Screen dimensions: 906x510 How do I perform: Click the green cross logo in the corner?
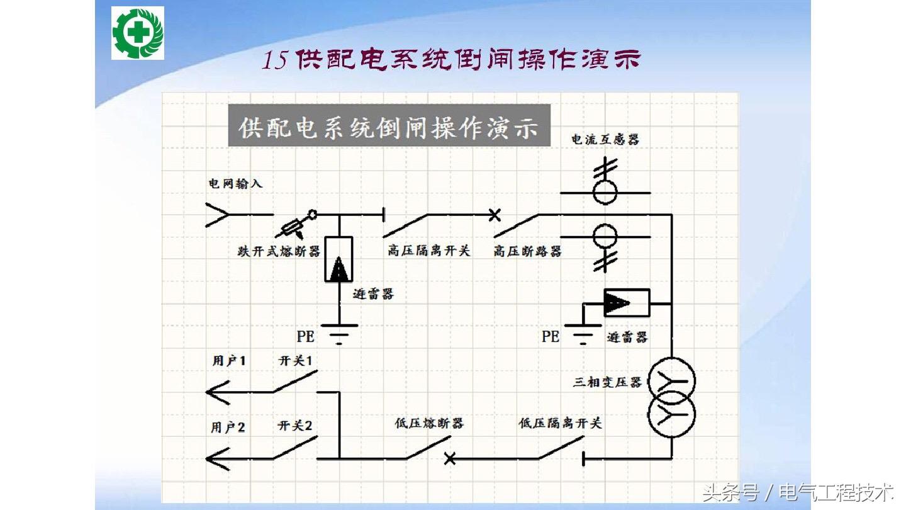[138, 33]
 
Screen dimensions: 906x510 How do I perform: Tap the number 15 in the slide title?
[275, 60]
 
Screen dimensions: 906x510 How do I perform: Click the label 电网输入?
[235, 184]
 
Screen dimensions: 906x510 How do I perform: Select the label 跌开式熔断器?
[279, 252]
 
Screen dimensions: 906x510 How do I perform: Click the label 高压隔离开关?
[428, 251]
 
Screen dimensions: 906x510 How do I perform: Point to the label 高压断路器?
[527, 251]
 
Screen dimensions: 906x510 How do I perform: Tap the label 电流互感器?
[605, 139]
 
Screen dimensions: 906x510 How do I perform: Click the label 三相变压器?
[607, 382]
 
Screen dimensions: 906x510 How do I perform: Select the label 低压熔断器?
[425, 422]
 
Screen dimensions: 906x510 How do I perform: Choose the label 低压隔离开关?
[560, 422]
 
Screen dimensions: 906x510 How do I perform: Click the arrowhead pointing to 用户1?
[218, 392]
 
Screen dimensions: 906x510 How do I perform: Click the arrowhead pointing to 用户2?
[218, 459]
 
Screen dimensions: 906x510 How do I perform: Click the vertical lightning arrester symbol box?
[338, 259]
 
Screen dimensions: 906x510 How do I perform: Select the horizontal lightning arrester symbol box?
[626, 303]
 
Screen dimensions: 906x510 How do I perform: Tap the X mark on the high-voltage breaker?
[495, 215]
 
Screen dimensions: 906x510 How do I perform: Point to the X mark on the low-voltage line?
[449, 458]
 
